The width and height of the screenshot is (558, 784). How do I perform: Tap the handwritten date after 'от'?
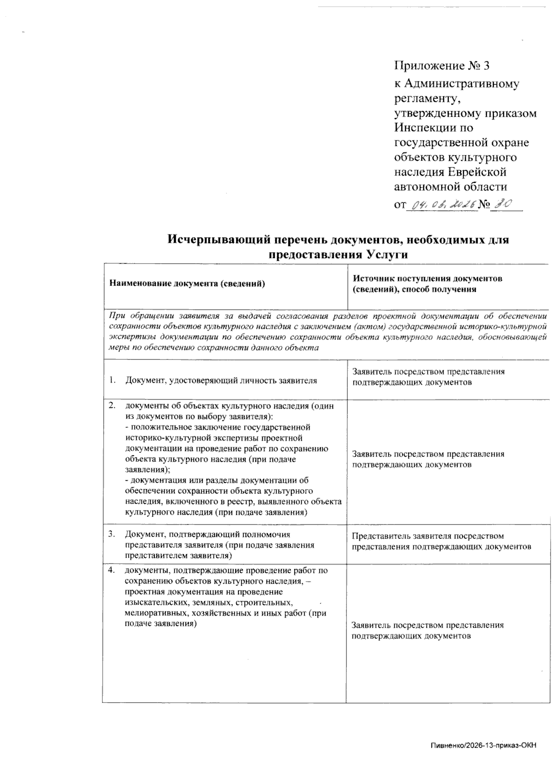(x=442, y=204)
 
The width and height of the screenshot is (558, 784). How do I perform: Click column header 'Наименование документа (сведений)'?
(x=187, y=284)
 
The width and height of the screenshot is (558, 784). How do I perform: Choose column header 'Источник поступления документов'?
(x=427, y=279)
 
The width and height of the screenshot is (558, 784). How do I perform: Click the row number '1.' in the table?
(x=112, y=380)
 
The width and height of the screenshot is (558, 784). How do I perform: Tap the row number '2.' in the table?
(x=112, y=405)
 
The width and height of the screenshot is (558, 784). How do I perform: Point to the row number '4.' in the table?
(x=112, y=570)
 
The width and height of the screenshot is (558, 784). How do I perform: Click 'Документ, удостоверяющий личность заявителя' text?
(x=221, y=380)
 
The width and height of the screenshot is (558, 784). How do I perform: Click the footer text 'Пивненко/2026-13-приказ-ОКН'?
(x=484, y=758)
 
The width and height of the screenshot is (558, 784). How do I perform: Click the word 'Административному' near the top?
(x=461, y=84)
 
